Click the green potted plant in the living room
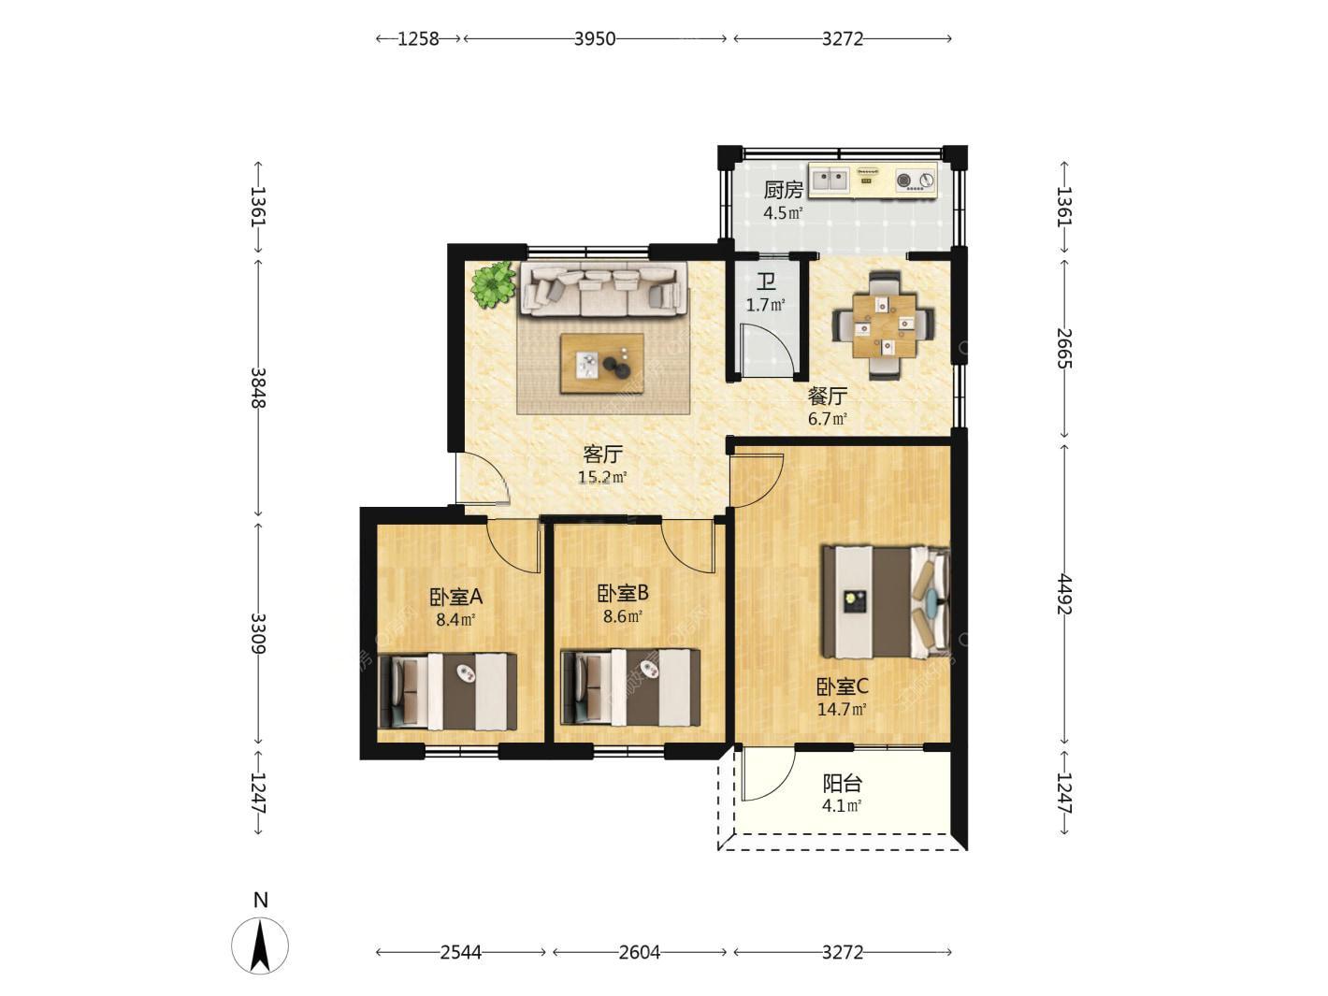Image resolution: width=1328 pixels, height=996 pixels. click(x=494, y=285)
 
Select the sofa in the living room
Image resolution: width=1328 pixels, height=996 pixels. click(x=604, y=289)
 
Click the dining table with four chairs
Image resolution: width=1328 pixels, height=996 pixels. click(x=884, y=325)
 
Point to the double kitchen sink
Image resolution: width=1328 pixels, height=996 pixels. click(x=830, y=179)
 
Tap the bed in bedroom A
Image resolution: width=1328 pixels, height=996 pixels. click(x=448, y=690)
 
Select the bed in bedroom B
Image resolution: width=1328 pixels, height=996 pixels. click(x=630, y=687)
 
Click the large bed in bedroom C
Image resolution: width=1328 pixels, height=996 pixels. click(x=885, y=601)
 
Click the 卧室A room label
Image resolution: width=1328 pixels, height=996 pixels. click(x=455, y=597)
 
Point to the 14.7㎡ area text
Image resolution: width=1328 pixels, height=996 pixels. click(x=842, y=709)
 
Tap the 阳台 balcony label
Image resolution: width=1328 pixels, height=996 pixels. click(x=842, y=783)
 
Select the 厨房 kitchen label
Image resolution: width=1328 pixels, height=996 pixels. click(x=782, y=190)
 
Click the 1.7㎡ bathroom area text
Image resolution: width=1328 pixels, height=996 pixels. click(x=765, y=305)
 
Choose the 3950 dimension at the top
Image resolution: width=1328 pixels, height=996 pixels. click(x=595, y=38)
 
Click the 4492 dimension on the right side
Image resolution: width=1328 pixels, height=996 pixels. click(x=1064, y=595)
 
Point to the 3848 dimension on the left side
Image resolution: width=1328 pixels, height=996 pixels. click(x=259, y=387)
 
